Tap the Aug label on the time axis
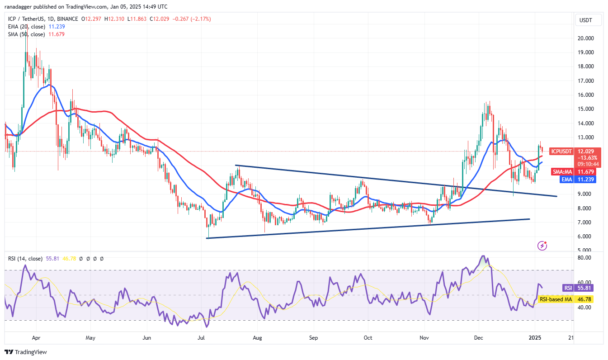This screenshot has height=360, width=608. tap(257, 337)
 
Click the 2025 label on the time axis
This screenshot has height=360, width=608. tap(535, 337)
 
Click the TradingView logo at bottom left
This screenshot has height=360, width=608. tap(26, 352)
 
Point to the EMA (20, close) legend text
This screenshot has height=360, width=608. tap(26, 27)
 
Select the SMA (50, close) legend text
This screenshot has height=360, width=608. tap(26, 34)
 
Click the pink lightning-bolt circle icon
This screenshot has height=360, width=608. tap(542, 246)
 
